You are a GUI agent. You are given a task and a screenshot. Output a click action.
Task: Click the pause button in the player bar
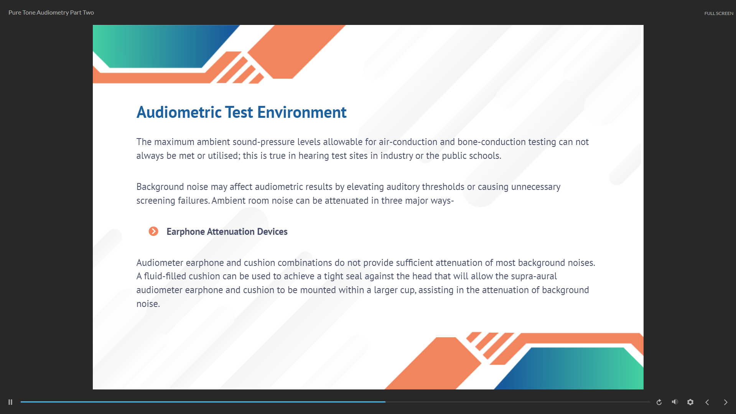coord(10,402)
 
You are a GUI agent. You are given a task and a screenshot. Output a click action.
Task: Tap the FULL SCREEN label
coord(719,13)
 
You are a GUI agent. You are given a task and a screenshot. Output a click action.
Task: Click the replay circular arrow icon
coord(659,402)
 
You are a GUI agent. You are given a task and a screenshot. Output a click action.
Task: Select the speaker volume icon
coord(675,402)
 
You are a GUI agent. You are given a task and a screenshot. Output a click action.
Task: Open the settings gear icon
coord(690,402)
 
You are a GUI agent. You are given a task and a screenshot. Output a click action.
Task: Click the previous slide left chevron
coord(707,402)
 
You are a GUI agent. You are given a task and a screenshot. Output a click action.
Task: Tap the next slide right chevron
coord(726,402)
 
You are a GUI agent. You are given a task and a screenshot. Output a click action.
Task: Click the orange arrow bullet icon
coord(153,231)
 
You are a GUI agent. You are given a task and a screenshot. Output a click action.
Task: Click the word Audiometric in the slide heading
coord(179,112)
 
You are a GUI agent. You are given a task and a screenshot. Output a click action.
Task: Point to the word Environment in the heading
coord(302,112)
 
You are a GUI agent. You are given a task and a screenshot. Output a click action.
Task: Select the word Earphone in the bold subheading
coord(186,232)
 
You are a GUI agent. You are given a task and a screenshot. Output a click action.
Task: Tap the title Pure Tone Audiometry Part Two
coord(51,12)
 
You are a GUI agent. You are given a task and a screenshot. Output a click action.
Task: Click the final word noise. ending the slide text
coord(148,304)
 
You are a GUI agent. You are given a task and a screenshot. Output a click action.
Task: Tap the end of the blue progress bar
coord(385,402)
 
